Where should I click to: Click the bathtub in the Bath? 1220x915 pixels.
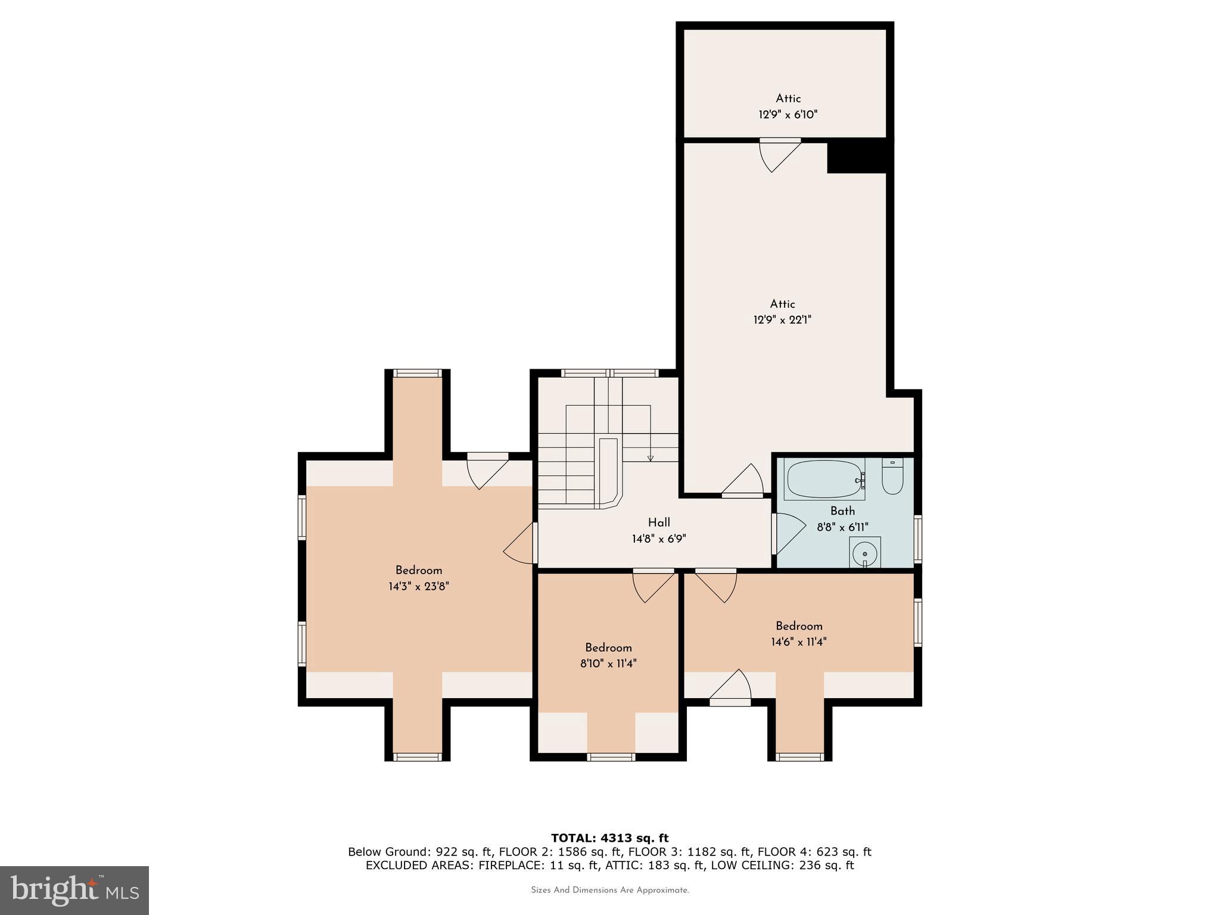(825, 479)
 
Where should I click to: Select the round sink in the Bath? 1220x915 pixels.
(864, 553)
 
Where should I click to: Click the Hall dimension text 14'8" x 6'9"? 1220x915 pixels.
(659, 539)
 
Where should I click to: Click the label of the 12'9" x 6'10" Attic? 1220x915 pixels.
(788, 99)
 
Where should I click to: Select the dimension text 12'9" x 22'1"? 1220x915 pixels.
(782, 320)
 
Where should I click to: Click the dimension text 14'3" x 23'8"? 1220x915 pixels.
(418, 586)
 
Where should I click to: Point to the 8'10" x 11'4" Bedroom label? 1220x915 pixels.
(608, 648)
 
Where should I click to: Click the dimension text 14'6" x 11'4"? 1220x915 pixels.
(798, 642)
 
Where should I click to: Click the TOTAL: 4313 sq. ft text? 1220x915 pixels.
(609, 838)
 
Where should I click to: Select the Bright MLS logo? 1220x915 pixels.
(74, 891)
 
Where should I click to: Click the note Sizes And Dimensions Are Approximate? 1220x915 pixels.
(609, 891)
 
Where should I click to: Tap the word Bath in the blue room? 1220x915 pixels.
(842, 511)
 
